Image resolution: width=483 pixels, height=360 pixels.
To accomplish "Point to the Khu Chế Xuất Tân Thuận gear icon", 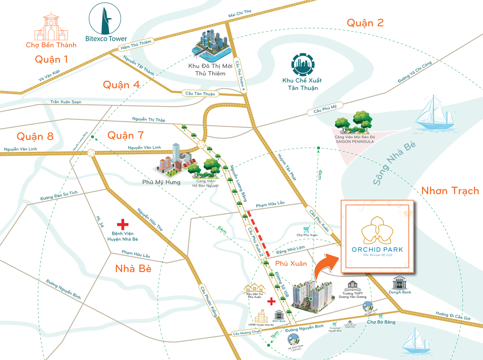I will pyautogui.click(x=303, y=65).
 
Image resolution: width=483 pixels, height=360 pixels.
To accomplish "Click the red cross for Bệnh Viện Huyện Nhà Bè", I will pyautogui.click(x=122, y=225).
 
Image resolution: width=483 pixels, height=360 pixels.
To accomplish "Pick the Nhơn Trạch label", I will pyautogui.click(x=450, y=191).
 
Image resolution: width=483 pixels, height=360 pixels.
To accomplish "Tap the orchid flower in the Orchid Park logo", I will pyautogui.click(x=377, y=231).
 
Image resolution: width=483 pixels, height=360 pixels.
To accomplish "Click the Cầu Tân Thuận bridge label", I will pyautogui.click(x=200, y=94).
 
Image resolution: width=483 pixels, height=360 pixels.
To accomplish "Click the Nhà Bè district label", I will pyautogui.click(x=133, y=268).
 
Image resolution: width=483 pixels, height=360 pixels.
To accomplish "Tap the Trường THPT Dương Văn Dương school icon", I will pyautogui.click(x=352, y=286).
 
